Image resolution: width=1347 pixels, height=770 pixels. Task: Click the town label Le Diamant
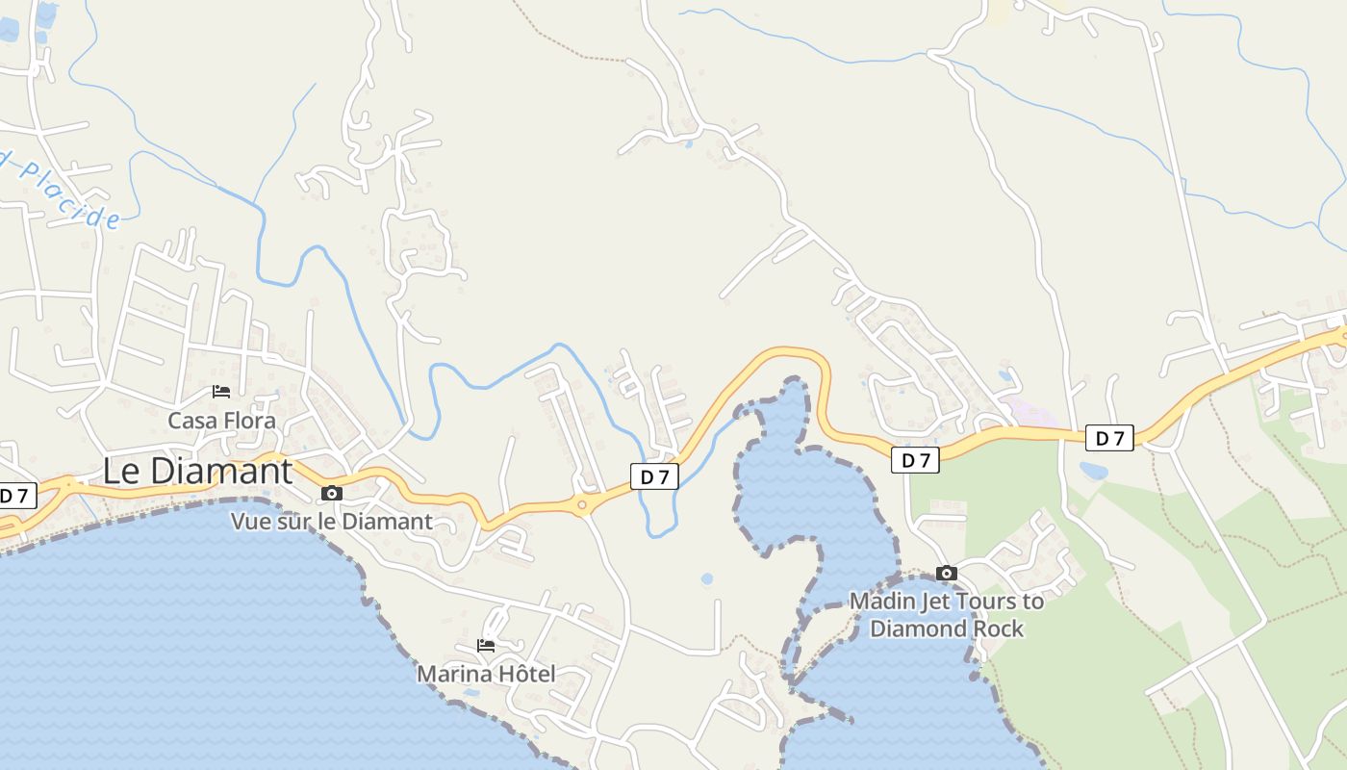(x=197, y=472)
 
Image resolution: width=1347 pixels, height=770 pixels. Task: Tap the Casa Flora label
(x=221, y=421)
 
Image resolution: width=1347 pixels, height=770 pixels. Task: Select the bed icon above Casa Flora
(x=221, y=392)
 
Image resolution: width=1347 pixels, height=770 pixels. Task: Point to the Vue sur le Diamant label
(x=331, y=522)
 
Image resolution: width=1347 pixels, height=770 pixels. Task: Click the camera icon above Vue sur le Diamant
(x=332, y=494)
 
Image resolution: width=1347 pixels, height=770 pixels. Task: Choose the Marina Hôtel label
(x=486, y=674)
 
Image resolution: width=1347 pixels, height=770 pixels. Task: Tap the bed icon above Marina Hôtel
(x=486, y=646)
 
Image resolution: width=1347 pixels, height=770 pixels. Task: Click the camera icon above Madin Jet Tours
(x=947, y=574)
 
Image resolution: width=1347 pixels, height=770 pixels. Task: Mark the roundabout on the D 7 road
(x=582, y=504)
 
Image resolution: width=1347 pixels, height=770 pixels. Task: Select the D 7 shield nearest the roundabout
(x=654, y=476)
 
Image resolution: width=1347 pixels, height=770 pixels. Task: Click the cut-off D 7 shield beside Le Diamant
(x=16, y=497)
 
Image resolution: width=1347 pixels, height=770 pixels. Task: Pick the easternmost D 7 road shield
(x=1109, y=438)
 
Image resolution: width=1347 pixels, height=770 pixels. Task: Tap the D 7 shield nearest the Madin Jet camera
(x=915, y=460)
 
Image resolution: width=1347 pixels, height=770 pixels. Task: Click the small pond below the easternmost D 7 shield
(x=1093, y=471)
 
